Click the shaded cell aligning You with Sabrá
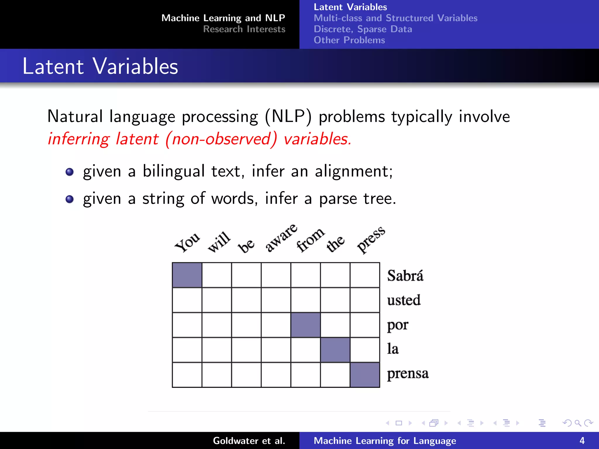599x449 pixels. click(187, 275)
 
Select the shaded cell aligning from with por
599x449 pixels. click(305, 325)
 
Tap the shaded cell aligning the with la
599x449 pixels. click(335, 350)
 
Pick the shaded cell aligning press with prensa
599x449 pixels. click(365, 375)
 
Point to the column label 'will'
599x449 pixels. click(219, 242)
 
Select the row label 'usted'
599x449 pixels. click(404, 300)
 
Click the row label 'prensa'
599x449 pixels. click(408, 374)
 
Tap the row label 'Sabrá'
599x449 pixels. click(405, 275)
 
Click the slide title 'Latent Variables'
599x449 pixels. click(100, 66)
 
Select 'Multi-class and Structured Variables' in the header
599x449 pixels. click(395, 18)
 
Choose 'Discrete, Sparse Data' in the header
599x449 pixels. click(363, 29)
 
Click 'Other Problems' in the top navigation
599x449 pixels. click(349, 40)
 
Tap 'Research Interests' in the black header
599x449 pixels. click(244, 29)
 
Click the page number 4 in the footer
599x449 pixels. click(582, 441)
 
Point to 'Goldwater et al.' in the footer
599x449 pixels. click(249, 441)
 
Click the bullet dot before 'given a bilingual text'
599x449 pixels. click(70, 172)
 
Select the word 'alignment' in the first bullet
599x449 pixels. click(352, 171)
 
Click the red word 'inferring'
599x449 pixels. click(78, 139)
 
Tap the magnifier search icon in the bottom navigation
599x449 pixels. click(578, 423)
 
